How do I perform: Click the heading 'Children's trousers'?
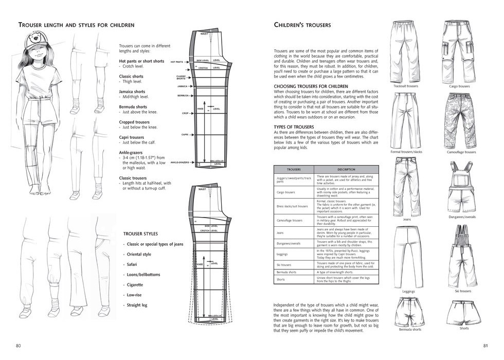(302, 25)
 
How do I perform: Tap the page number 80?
(19, 345)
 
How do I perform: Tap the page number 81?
(484, 345)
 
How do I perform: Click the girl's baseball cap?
(38, 41)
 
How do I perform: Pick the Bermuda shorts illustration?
(410, 311)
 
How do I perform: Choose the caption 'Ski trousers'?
(462, 291)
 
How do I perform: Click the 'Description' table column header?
(346, 169)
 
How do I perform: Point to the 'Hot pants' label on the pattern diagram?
(177, 62)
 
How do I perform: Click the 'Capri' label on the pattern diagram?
(184, 135)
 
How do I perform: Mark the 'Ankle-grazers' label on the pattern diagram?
(180, 163)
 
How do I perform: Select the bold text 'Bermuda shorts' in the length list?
(133, 107)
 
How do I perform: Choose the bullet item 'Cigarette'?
(135, 284)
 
